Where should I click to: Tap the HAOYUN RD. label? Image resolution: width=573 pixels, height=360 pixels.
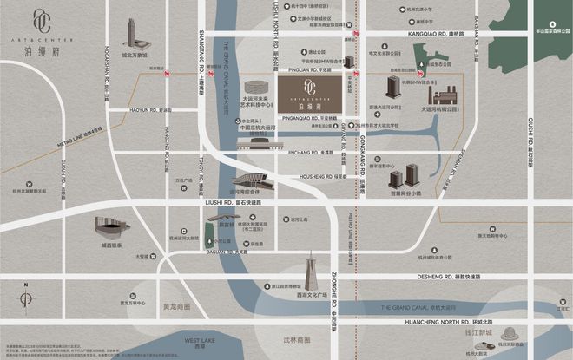click(146, 110)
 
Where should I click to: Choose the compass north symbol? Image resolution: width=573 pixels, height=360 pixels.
click(27, 300)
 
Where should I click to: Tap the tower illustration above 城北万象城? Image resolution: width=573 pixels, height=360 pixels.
click(132, 34)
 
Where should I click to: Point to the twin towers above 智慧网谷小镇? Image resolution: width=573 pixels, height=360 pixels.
click(401, 180)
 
